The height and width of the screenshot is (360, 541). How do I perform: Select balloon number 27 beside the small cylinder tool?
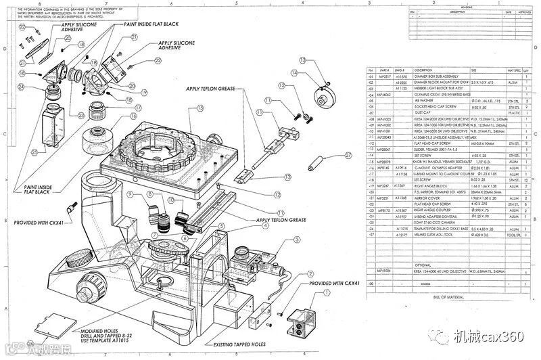(x=348, y=155)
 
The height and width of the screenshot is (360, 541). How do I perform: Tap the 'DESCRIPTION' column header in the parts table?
(x=424, y=70)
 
